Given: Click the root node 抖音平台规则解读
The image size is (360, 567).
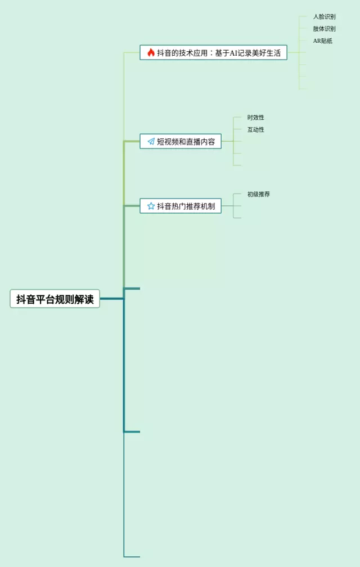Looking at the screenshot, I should pos(55,299).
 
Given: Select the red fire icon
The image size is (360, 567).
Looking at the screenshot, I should pos(151,53).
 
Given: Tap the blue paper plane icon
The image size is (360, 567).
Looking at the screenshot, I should pos(151,142).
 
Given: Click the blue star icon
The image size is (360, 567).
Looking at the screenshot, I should pos(151,206).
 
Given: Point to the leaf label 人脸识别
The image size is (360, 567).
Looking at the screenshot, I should pos(325,17).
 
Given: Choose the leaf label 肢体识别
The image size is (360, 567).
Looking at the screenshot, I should pos(325,29).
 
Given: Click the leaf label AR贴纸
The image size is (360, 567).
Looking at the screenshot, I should pos(323,41).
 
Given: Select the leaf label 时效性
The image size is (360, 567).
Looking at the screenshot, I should pos(256,118).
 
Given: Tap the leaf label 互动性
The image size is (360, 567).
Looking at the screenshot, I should pos(256,130).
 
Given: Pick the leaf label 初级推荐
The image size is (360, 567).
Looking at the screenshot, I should pos(259,195).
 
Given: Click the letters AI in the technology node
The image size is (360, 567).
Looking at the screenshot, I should pos(233,53).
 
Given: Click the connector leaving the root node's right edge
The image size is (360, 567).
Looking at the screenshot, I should pos(111,299).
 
